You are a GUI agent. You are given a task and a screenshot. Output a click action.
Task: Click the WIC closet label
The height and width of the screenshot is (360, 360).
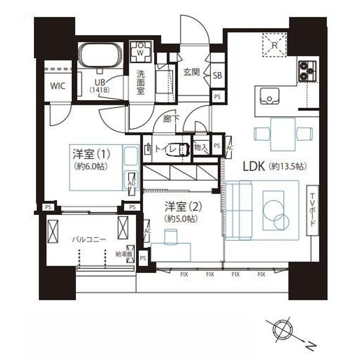click(57, 86)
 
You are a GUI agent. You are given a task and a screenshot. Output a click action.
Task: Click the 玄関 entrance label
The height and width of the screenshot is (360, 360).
click(191, 72)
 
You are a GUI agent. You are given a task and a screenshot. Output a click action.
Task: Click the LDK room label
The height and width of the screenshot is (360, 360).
click(256, 166)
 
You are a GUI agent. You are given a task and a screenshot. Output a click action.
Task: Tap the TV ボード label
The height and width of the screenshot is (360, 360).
click(312, 208)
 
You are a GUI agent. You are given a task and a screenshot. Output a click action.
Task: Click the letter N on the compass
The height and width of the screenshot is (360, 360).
click(309, 347)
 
